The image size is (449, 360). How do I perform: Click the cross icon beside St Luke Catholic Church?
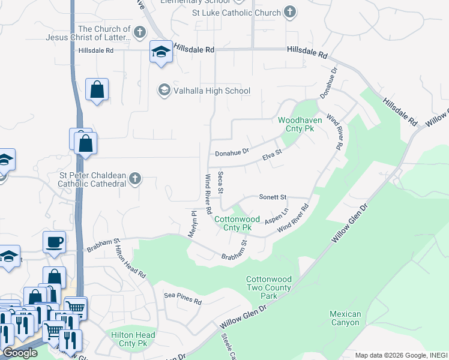(x=290, y=13)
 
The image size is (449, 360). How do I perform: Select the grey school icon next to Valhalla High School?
(x=163, y=91)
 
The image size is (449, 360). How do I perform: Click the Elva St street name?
(x=272, y=155)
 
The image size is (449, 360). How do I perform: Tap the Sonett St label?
(x=273, y=197)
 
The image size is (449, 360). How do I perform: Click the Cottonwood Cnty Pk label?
(x=237, y=224)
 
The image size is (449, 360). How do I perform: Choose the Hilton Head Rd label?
(x=130, y=262)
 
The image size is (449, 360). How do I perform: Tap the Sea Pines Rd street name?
(x=183, y=299)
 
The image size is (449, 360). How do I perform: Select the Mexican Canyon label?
(x=345, y=318)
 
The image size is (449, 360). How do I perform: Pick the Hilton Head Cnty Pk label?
(x=133, y=339)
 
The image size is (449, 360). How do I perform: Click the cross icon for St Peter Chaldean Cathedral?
(x=136, y=178)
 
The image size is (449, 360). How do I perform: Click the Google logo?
(x=20, y=353)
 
